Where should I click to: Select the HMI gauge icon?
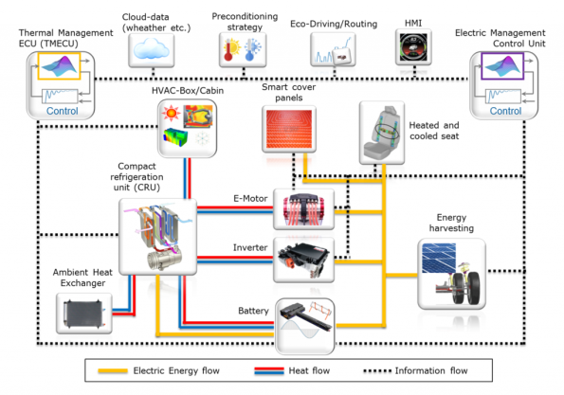pos(414,46)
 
